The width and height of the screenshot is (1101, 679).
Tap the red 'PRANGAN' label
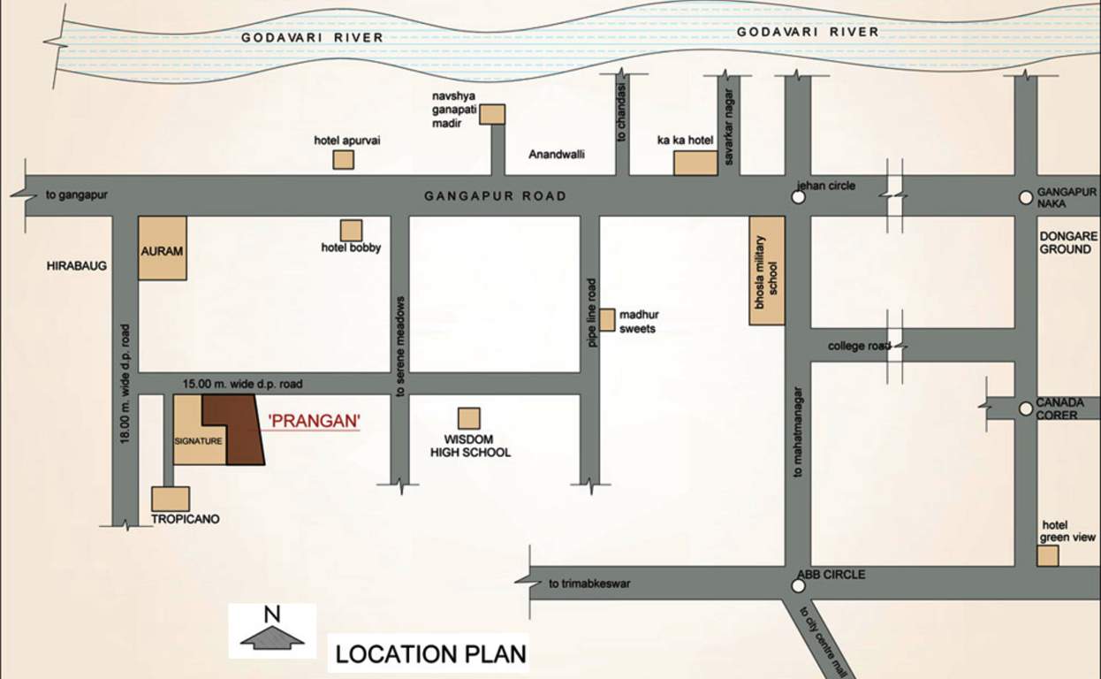tap(314, 422)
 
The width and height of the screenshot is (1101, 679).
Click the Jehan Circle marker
tap(799, 198)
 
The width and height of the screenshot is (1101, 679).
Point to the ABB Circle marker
tap(799, 585)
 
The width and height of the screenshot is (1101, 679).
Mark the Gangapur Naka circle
tap(1025, 198)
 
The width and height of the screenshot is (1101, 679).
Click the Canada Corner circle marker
tap(1025, 408)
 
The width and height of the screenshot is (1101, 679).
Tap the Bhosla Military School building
tap(767, 270)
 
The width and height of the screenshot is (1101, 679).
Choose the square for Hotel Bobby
tap(351, 230)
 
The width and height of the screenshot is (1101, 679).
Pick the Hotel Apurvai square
tap(343, 159)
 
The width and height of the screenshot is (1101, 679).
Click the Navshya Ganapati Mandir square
tap(492, 114)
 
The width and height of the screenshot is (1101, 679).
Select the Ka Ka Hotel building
tap(695, 164)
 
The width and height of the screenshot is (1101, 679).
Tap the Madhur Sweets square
tap(607, 320)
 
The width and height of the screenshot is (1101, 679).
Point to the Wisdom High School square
tap(468, 418)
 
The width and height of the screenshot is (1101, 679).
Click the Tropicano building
tap(171, 499)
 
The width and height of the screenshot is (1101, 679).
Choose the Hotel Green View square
tap(1047, 555)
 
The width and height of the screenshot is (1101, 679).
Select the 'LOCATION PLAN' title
tap(430, 654)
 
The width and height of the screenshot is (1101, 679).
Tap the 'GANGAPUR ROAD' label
tap(495, 196)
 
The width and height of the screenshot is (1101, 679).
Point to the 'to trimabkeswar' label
tap(589, 584)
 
